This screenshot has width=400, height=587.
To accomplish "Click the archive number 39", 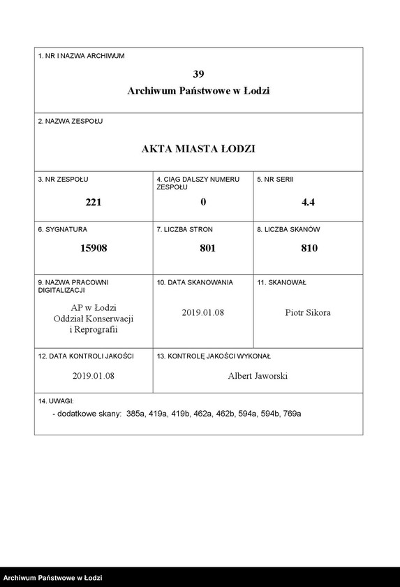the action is click(x=198, y=73).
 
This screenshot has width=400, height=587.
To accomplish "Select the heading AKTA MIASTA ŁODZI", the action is click(x=198, y=149).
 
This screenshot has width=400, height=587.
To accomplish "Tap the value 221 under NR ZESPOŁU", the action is click(x=94, y=203).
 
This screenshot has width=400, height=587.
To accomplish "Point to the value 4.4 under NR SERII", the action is click(x=309, y=203).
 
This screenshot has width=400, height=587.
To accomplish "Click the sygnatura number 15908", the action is click(x=94, y=247).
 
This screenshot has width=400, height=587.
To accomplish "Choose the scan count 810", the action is click(x=309, y=247).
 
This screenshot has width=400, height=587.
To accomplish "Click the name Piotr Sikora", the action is click(x=308, y=312).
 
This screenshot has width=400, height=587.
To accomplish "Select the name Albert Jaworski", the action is click(x=258, y=376).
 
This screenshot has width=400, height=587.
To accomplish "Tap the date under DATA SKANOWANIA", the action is click(x=202, y=312).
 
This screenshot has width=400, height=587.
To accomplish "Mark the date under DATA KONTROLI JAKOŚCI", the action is click(x=93, y=376).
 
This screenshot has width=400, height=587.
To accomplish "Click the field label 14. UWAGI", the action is click(x=56, y=401).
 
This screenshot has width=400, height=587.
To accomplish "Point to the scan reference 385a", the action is click(x=136, y=414).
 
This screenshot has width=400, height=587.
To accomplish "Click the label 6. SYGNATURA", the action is click(x=63, y=229).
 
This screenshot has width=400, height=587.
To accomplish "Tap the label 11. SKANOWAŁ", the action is click(x=281, y=282).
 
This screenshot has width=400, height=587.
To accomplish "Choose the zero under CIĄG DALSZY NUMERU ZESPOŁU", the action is click(x=203, y=203).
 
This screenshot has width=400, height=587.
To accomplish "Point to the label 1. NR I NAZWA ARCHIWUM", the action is click(x=81, y=55).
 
